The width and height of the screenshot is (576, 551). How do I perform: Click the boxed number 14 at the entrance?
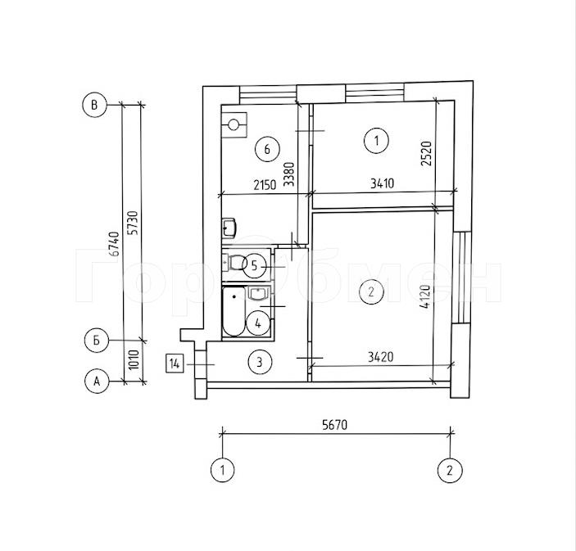[x=175, y=364]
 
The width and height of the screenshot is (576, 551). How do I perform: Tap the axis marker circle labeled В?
[x=94, y=105]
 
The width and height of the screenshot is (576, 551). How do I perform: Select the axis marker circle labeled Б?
[x=97, y=341]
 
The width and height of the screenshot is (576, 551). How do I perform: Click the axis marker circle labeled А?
[x=97, y=382]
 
